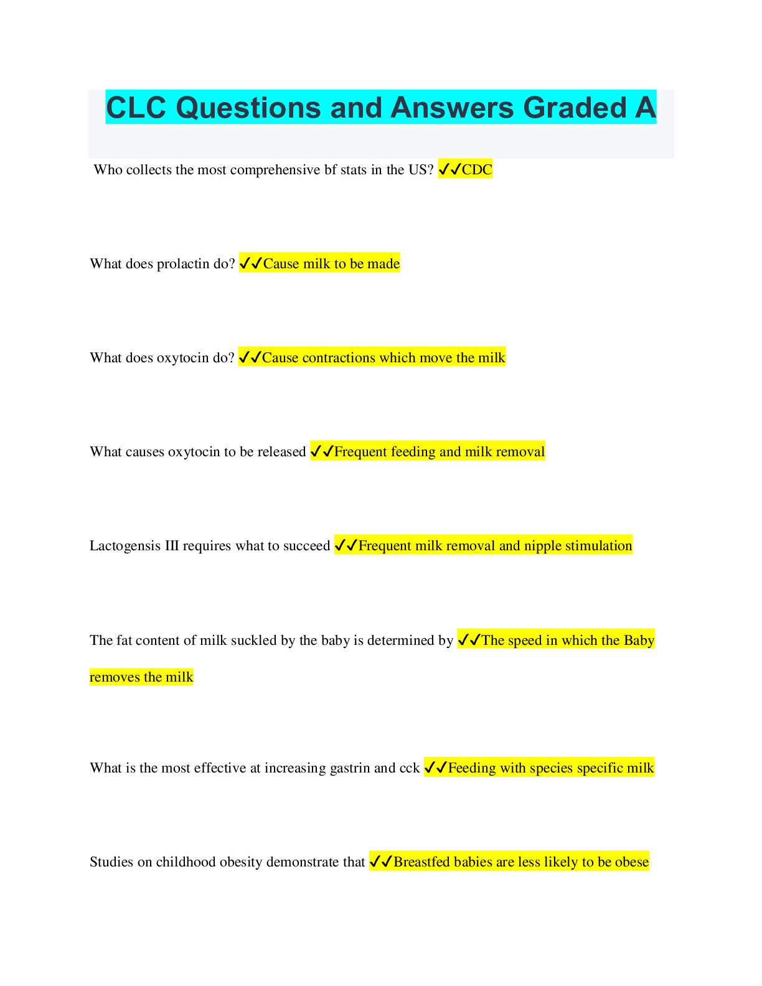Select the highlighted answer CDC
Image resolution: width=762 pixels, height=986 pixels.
(x=477, y=170)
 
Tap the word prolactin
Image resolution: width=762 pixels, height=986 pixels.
(x=182, y=264)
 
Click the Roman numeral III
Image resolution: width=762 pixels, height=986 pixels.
(x=171, y=546)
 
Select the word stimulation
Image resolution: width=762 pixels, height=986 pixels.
(x=596, y=546)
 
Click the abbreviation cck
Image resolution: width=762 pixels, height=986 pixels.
(x=410, y=768)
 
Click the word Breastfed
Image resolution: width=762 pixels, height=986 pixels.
(x=421, y=862)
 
